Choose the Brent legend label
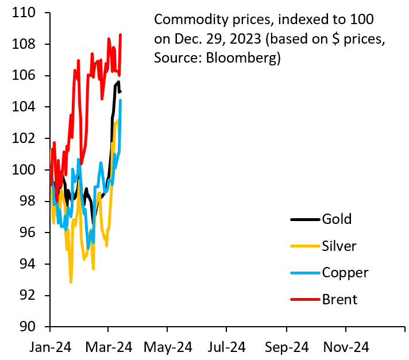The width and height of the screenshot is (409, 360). pos(339,299)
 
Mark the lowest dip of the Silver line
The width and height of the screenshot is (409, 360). pos(71,282)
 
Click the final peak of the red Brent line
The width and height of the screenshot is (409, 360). pos(120,34)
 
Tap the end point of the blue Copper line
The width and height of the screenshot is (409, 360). pos(120,100)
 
